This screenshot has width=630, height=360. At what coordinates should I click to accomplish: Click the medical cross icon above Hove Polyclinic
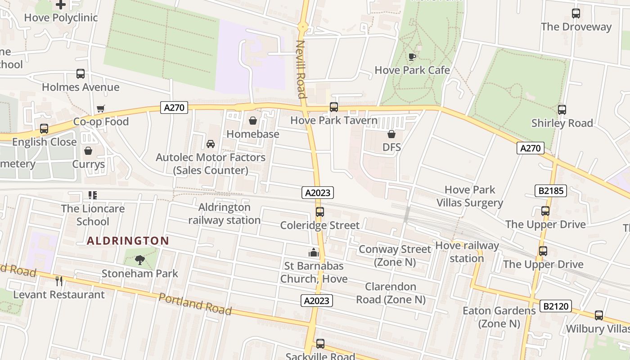click(61, 5)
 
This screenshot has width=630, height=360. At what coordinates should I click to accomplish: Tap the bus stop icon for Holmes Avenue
click(81, 74)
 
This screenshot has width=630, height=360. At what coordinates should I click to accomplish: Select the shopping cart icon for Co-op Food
click(101, 108)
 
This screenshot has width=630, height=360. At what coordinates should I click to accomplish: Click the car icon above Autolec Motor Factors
click(210, 144)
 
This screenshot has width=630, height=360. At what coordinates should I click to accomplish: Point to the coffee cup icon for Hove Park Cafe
click(412, 57)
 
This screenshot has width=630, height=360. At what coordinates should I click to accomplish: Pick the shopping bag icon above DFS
click(391, 134)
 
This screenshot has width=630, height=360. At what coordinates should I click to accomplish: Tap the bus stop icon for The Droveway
click(576, 13)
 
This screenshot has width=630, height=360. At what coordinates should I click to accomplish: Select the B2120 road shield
click(556, 306)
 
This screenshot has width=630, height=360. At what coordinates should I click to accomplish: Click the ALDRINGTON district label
click(128, 241)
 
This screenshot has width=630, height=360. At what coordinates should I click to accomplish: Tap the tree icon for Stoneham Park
click(140, 260)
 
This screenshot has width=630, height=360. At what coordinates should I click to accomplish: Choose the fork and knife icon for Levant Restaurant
click(59, 281)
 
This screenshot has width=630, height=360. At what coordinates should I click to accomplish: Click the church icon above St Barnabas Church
click(314, 252)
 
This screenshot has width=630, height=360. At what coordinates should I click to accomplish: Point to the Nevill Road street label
click(301, 69)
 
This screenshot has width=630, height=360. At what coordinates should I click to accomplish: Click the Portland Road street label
click(195, 304)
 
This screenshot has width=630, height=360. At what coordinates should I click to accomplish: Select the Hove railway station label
click(467, 252)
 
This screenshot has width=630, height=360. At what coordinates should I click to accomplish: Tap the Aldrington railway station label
click(224, 214)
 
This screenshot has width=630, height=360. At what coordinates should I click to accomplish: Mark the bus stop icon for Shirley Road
click(562, 110)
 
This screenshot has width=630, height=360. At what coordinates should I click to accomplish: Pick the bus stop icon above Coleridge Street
click(320, 212)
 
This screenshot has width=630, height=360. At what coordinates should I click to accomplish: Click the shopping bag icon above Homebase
click(253, 121)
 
